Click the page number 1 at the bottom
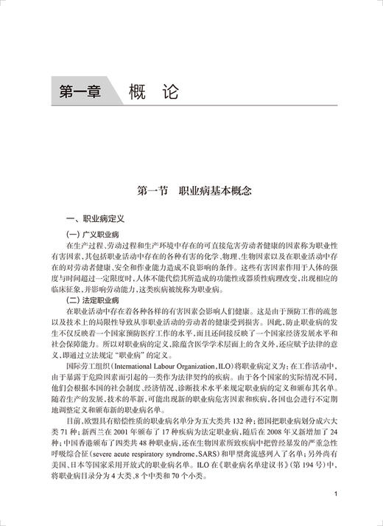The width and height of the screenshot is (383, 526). pyautogui.click(x=336, y=495)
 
